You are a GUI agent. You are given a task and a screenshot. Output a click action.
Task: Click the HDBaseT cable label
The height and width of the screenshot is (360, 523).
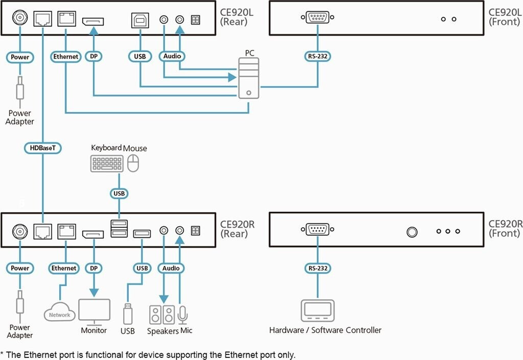click(43, 148)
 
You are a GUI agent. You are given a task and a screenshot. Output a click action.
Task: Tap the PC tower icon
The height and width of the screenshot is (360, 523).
click(249, 78)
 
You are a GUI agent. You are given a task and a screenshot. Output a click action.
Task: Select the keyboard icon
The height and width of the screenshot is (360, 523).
click(107, 164)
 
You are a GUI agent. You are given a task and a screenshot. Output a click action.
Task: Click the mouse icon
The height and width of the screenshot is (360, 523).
click(134, 164)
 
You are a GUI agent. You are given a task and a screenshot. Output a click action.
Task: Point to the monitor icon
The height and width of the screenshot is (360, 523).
click(94, 311)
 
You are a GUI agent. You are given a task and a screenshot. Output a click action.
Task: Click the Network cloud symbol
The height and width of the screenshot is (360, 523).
click(59, 313)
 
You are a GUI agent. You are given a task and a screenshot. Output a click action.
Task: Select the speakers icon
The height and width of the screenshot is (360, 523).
click(161, 315)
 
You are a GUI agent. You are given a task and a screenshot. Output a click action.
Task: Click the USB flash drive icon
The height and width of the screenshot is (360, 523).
click(128, 313)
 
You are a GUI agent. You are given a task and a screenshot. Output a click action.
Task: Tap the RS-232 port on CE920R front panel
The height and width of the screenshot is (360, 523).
click(318, 231)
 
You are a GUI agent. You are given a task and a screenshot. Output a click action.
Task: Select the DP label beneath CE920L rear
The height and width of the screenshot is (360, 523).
click(94, 57)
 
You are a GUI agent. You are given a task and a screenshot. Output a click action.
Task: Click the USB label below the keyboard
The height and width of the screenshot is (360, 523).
click(119, 194)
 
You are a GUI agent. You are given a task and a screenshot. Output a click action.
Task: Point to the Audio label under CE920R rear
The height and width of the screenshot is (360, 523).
click(172, 268)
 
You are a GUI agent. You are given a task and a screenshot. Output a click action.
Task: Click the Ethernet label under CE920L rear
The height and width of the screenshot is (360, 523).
click(66, 57)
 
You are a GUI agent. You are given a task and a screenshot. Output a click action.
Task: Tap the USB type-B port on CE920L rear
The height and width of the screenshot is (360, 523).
click(139, 20)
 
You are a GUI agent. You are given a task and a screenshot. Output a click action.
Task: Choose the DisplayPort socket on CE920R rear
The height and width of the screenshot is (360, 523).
click(94, 234)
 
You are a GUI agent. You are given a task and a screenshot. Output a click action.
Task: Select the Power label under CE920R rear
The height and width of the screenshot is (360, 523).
click(20, 268)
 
